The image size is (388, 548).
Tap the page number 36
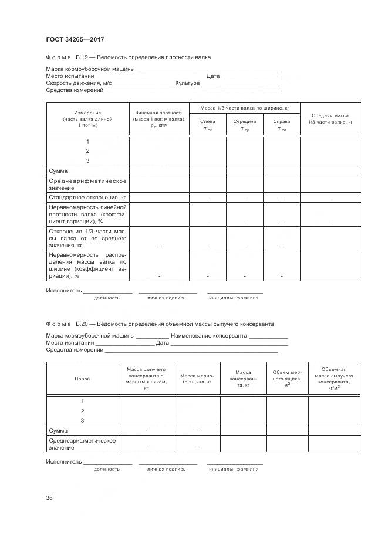[x=49, y=498]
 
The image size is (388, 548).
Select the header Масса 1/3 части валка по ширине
[x=244, y=108]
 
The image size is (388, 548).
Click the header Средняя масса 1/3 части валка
[x=330, y=119]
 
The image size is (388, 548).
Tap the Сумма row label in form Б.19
[x=59, y=171]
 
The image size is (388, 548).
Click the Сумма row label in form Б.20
[x=59, y=431]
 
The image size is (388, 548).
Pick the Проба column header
[x=82, y=379]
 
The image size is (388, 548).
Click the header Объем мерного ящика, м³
[x=287, y=379]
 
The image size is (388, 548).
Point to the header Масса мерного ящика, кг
[x=196, y=379]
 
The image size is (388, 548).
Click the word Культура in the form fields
[x=183, y=83]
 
